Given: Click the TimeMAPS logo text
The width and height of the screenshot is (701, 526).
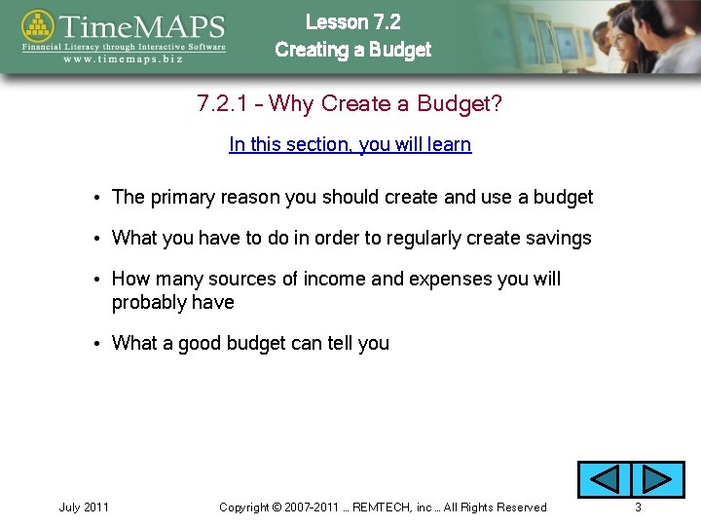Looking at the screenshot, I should click(x=141, y=25).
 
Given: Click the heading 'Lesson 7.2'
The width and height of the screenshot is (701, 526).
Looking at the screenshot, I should click(x=352, y=21).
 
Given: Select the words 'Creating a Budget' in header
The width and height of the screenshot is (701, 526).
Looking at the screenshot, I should click(x=352, y=50).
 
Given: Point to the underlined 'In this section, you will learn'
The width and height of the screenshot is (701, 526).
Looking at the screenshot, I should click(x=350, y=145).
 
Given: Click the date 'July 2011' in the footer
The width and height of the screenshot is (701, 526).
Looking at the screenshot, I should click(x=84, y=507).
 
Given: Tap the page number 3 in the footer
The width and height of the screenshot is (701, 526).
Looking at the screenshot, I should click(x=638, y=507).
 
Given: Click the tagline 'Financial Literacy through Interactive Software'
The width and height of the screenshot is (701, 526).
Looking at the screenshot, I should click(x=125, y=46).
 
